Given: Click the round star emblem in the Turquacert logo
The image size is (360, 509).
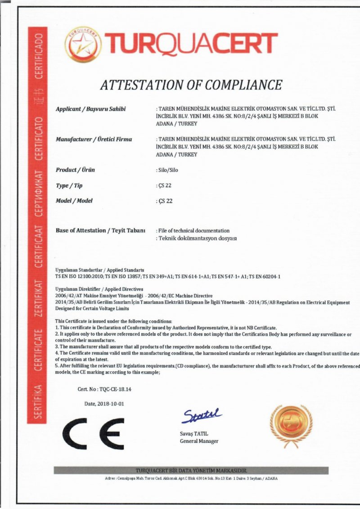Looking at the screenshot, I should pyautogui.click(x=83, y=44).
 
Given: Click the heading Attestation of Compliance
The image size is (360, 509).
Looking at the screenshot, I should pyautogui.click(x=191, y=85).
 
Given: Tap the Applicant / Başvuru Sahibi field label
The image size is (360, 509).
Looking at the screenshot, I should pyautogui.click(x=90, y=109).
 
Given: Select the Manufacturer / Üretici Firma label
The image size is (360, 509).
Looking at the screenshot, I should pyautogui.click(x=94, y=139).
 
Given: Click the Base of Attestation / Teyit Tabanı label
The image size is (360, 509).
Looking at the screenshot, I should pyautogui.click(x=100, y=230).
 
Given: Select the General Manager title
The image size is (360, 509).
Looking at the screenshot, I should pyautogui.click(x=199, y=441).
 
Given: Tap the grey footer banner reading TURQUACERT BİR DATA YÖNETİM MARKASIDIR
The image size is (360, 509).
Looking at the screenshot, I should pyautogui.click(x=191, y=470).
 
